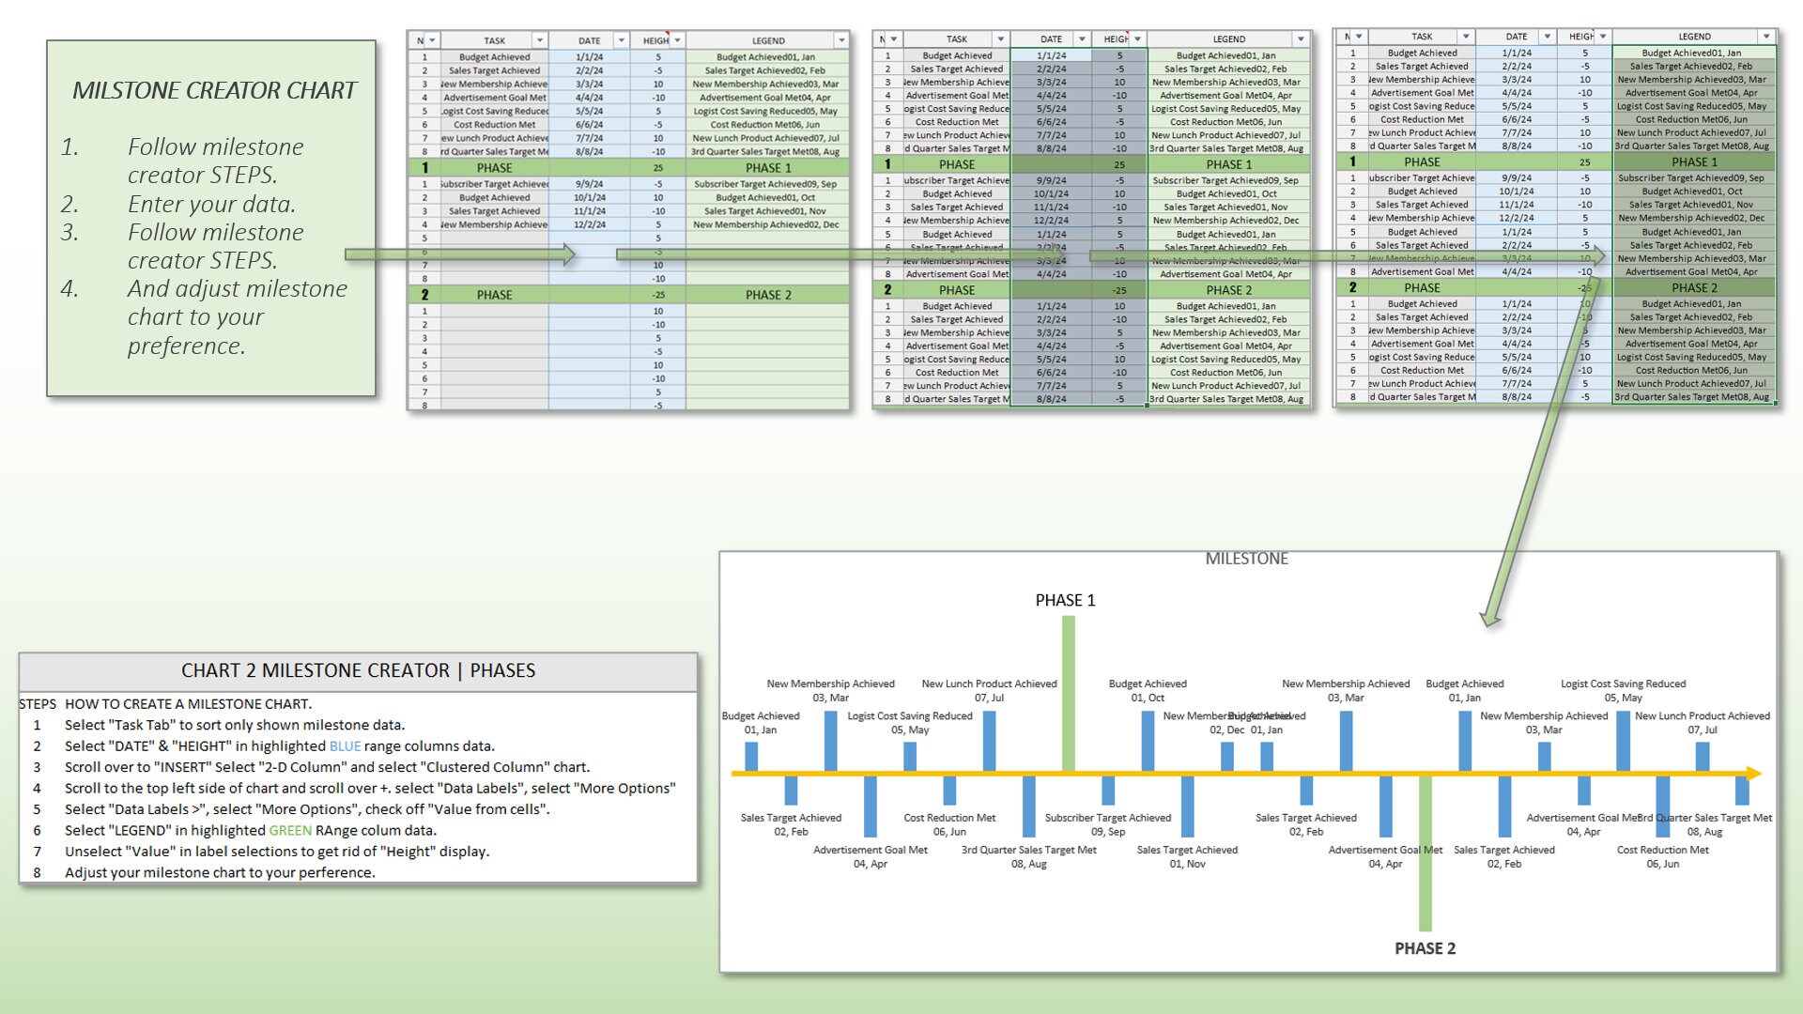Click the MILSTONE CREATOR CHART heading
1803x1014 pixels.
pyautogui.click(x=214, y=90)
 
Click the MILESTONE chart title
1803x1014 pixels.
pyautogui.click(x=1246, y=559)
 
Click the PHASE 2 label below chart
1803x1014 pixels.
pyautogui.click(x=1425, y=948)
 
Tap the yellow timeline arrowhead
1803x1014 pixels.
pyautogui.click(x=1753, y=774)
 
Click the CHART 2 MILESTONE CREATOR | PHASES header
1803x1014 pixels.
pyautogui.click(x=358, y=670)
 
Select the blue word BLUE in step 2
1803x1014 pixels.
pyautogui.click(x=345, y=746)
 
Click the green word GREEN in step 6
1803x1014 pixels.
pyautogui.click(x=290, y=831)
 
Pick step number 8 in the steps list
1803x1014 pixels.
pyautogui.click(x=38, y=872)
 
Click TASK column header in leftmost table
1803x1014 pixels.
pyautogui.click(x=494, y=40)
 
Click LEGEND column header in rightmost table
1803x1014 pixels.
pyautogui.click(x=1694, y=37)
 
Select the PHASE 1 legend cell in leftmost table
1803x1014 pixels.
pyautogui.click(x=768, y=168)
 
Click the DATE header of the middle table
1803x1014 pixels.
pyautogui.click(x=1051, y=39)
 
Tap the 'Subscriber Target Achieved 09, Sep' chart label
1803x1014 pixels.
pyautogui.click(x=1108, y=824)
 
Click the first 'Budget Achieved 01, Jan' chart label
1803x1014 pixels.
pyautogui.click(x=761, y=722)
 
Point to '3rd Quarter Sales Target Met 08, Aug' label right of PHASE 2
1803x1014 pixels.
pyautogui.click(x=1705, y=824)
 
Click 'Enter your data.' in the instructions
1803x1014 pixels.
pyautogui.click(x=211, y=204)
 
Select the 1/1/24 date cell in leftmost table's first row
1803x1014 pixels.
pyautogui.click(x=589, y=57)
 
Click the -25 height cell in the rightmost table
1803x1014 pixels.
pyautogui.click(x=1584, y=288)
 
